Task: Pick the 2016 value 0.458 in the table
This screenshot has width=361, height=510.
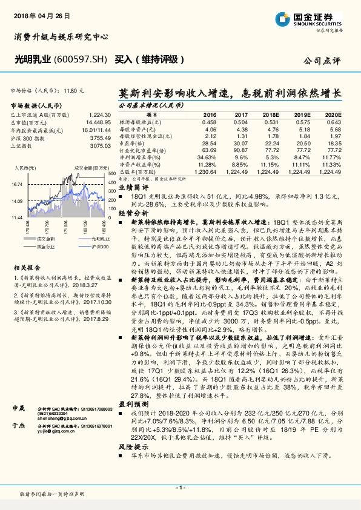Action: coord(209,121)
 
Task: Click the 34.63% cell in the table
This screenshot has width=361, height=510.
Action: coord(207,157)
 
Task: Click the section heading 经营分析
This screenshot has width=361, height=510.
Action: coord(133,230)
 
